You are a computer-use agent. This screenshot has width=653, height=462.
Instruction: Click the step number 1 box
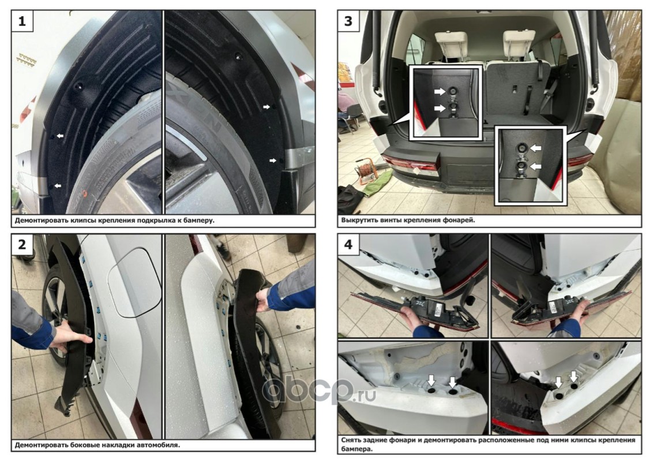tap(22, 21)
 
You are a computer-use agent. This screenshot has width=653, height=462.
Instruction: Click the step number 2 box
tap(22, 244)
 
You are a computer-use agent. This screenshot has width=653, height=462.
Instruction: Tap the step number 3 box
tap(348, 21)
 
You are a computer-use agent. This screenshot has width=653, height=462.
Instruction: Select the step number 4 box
tap(348, 244)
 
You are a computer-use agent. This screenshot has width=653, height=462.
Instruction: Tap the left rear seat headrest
tap(452, 42)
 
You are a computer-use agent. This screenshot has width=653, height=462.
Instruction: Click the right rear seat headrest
tap(518, 41)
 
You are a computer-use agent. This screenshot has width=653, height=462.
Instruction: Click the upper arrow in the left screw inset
tap(440, 91)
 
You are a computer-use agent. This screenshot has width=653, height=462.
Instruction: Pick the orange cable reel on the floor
tap(364, 171)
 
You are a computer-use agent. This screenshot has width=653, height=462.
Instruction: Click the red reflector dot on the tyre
tap(85, 193)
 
